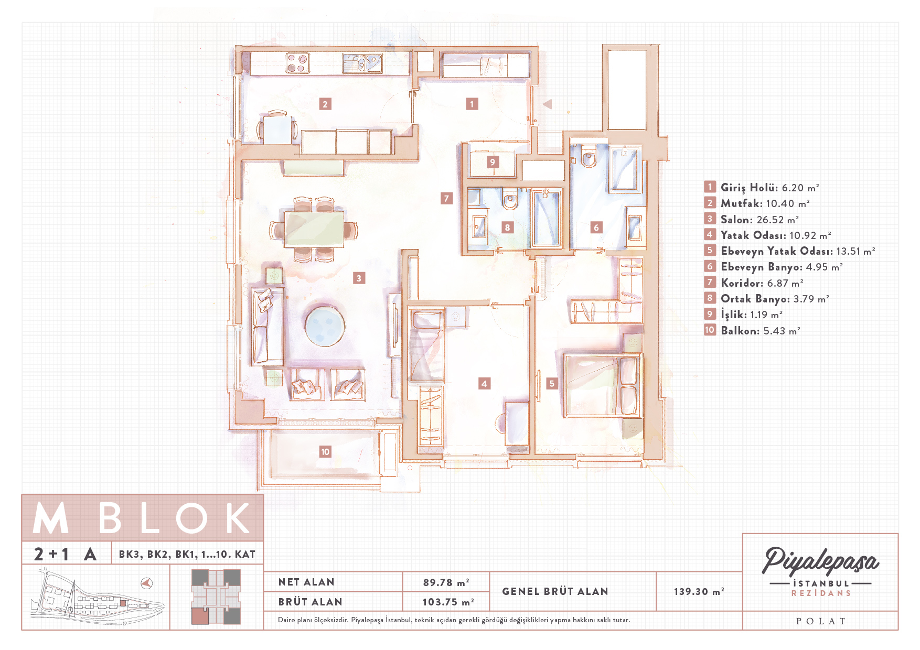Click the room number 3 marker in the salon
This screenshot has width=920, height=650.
[359, 278]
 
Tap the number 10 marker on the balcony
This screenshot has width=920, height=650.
[325, 452]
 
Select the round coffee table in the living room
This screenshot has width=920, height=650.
[325, 326]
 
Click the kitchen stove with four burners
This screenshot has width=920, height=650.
[297, 63]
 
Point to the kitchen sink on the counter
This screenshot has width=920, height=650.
[362, 63]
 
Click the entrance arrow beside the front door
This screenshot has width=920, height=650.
[548, 104]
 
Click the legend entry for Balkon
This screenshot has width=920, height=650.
[752, 330]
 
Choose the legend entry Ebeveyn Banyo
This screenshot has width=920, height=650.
[773, 267]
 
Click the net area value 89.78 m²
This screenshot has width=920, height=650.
[446, 582]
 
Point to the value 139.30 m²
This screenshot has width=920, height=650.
[699, 591]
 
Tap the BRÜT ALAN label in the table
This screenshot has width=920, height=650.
[310, 602]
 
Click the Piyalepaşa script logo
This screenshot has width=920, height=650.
[820, 561]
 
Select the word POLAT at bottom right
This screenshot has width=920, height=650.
[821, 621]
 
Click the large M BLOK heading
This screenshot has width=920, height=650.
[142, 518]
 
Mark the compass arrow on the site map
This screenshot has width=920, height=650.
[147, 583]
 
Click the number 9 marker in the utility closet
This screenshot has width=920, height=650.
[492, 162]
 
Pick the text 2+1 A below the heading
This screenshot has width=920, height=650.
[65, 554]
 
